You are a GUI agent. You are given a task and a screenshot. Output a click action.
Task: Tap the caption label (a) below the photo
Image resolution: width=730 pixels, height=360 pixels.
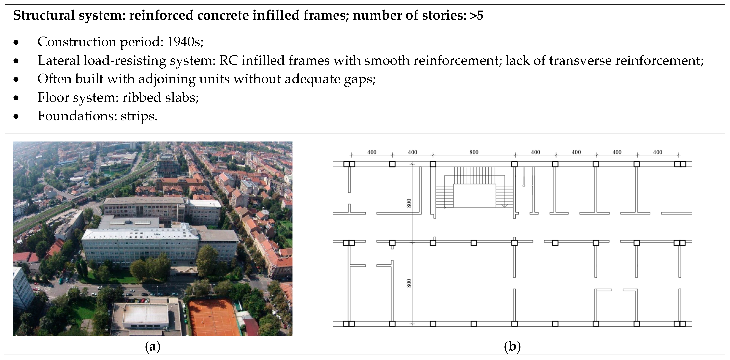(152, 346)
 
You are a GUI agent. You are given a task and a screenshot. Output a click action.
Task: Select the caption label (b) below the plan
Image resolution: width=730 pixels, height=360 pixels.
(512, 346)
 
